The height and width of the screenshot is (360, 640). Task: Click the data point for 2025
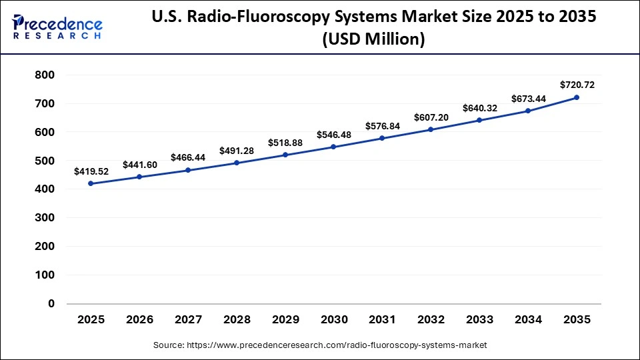click(x=91, y=183)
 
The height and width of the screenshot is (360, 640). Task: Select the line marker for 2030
click(x=333, y=147)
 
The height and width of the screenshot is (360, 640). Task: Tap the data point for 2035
click(x=577, y=97)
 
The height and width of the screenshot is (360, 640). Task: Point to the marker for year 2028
click(x=237, y=163)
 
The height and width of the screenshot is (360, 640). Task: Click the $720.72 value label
click(x=576, y=85)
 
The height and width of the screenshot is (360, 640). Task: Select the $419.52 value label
click(x=91, y=171)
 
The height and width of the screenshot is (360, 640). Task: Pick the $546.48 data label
click(x=333, y=134)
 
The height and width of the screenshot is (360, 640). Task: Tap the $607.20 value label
click(x=431, y=117)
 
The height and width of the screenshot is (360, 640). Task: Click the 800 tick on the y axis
click(x=44, y=75)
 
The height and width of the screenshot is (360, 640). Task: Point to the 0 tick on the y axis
click(x=51, y=304)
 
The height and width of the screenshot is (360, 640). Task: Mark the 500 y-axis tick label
click(x=44, y=161)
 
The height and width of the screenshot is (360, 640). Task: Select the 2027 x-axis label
click(x=188, y=320)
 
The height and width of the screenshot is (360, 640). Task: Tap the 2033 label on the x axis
click(x=479, y=320)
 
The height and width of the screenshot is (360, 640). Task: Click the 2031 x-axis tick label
click(x=382, y=320)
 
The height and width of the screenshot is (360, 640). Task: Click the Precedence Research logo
click(x=57, y=27)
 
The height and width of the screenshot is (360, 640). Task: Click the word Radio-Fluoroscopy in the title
click(x=273, y=19)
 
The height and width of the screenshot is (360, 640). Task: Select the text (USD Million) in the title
click(x=373, y=40)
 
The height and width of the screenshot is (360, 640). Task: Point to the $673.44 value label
click(x=528, y=99)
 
